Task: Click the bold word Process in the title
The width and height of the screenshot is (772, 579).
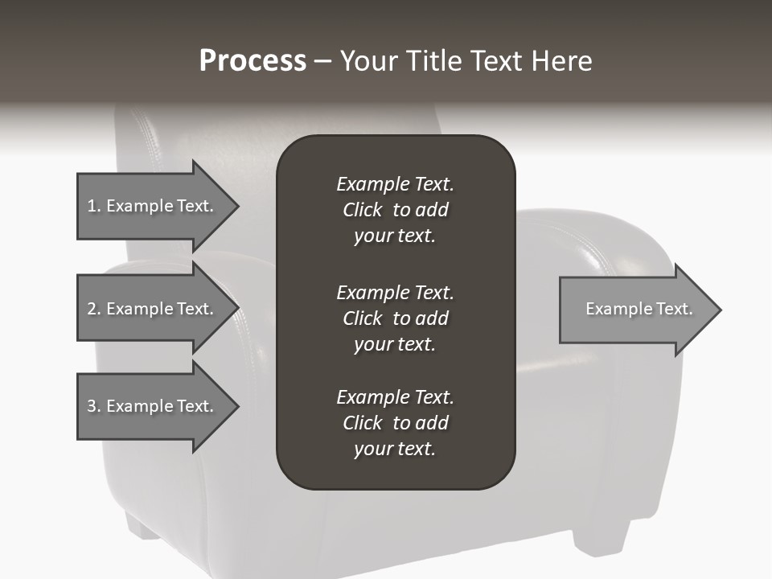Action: [x=253, y=61]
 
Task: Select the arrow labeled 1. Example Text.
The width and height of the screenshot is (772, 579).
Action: [x=153, y=206]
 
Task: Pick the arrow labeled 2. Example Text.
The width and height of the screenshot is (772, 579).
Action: [x=153, y=309]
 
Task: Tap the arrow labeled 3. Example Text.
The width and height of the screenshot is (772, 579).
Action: [x=153, y=406]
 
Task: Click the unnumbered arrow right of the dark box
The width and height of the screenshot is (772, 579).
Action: [x=635, y=309]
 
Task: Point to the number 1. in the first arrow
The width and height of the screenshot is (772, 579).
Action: [x=94, y=206]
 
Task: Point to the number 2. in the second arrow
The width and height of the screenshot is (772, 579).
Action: [x=94, y=309]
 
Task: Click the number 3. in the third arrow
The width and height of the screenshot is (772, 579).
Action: [x=94, y=406]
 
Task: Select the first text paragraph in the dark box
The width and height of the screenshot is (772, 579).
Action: [x=395, y=210]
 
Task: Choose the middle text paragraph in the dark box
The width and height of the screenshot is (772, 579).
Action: [x=395, y=318]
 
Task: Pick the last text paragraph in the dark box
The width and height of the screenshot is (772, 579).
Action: [x=395, y=423]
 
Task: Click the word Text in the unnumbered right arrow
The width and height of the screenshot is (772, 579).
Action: [x=674, y=309]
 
